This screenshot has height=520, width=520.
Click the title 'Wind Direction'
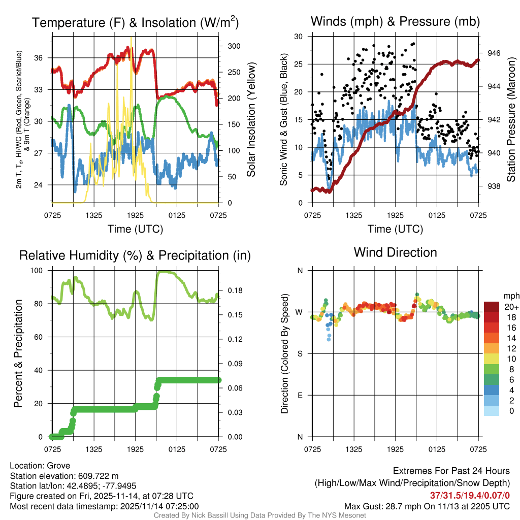pos(395,252)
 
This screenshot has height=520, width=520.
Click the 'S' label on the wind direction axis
pos(300,353)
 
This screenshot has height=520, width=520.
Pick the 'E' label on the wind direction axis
pos(300,395)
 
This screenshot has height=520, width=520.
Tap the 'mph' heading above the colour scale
pos(510,296)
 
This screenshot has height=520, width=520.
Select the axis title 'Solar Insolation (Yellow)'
pos(251,120)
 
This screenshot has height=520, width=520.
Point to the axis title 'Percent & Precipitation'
pos(18,353)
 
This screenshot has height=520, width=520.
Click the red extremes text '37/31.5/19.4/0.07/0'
pos(470,495)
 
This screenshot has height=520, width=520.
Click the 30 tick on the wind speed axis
pos(299,37)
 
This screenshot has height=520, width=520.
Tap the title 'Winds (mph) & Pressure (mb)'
pos(395,21)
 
